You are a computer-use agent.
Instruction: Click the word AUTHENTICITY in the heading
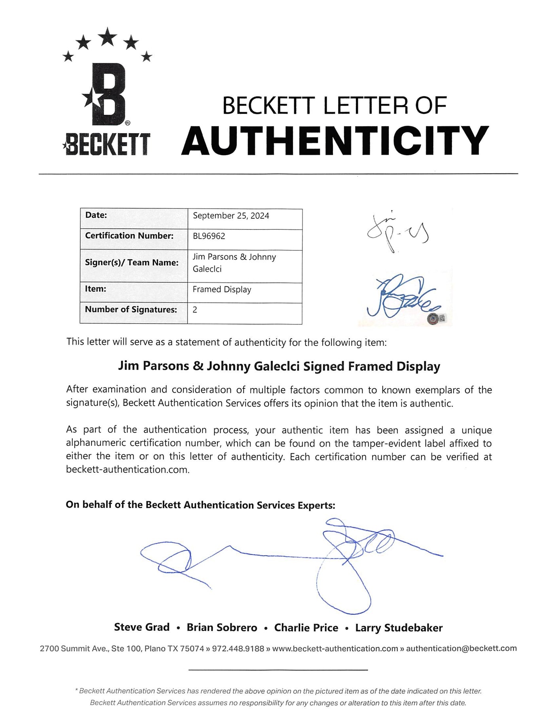click(x=335, y=140)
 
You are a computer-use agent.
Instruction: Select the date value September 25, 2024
click(x=231, y=216)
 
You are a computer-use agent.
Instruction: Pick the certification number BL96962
click(x=209, y=236)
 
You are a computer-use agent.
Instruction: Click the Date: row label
click(x=96, y=215)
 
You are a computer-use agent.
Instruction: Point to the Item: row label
click(x=96, y=289)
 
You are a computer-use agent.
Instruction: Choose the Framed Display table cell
click(x=222, y=290)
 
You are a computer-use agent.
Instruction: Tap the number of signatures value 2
click(x=195, y=310)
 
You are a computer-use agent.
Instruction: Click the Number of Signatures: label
click(x=131, y=309)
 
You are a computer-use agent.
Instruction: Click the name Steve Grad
click(x=142, y=627)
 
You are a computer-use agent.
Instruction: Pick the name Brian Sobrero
click(x=222, y=628)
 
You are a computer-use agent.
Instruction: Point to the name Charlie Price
click(x=306, y=628)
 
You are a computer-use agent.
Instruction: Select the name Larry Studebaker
click(x=399, y=628)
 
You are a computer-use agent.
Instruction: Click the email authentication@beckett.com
click(x=461, y=648)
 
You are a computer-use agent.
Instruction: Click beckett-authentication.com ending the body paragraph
click(x=128, y=470)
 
